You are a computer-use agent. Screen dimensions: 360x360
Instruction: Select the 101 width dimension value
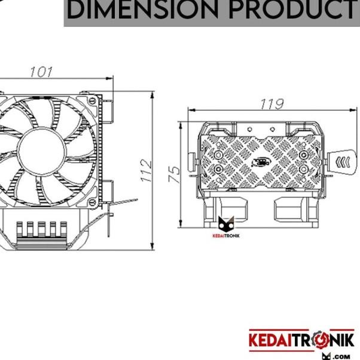(41, 72)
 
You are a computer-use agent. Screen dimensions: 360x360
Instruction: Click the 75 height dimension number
(174, 174)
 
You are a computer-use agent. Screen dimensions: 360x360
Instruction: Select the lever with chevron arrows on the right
(341, 161)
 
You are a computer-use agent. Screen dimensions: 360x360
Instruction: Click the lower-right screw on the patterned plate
(303, 170)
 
